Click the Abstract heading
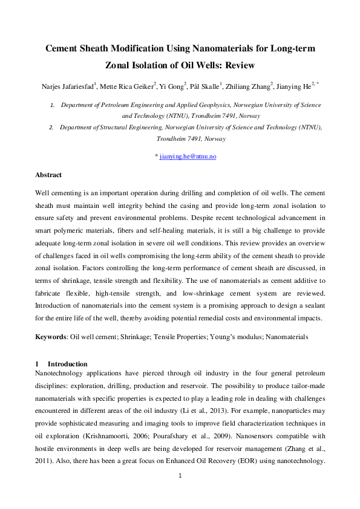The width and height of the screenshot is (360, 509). point(48,175)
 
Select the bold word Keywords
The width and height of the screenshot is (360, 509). point(50,336)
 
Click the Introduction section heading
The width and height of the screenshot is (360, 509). point(67,364)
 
